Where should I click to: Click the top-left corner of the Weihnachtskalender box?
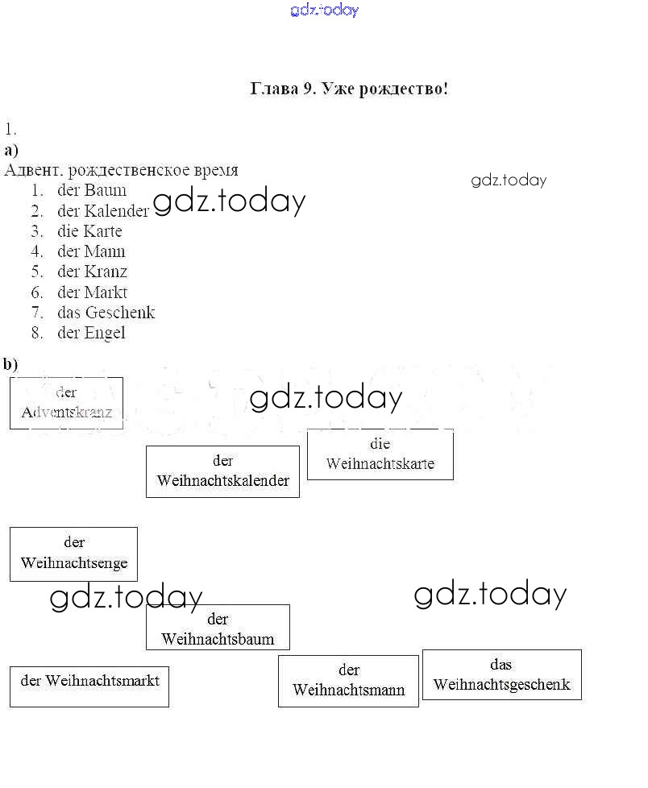click(x=147, y=446)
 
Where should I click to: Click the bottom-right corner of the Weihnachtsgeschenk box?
click(x=582, y=699)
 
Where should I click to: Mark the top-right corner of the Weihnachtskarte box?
click(x=454, y=429)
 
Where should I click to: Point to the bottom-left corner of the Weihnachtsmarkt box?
click(x=10, y=707)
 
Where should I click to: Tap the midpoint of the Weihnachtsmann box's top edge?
click(x=348, y=655)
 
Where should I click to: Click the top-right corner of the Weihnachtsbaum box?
click(x=289, y=605)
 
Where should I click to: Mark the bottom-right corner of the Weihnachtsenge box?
click(x=137, y=581)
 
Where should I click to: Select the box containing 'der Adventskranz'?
click(x=66, y=403)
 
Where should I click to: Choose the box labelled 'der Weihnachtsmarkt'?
click(x=89, y=686)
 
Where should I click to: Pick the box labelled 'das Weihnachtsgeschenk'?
click(x=501, y=674)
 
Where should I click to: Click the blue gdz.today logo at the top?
click(x=325, y=10)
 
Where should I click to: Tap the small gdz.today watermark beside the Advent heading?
click(x=509, y=180)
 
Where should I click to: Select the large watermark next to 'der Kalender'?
click(x=229, y=202)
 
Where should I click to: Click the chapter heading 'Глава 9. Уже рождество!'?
click(x=349, y=89)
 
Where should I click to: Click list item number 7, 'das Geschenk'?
click(x=93, y=313)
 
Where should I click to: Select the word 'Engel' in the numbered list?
click(x=105, y=334)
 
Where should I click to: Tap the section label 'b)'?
click(x=10, y=363)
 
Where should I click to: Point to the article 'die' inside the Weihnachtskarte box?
click(x=380, y=444)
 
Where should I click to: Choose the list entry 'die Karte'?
click(x=77, y=231)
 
